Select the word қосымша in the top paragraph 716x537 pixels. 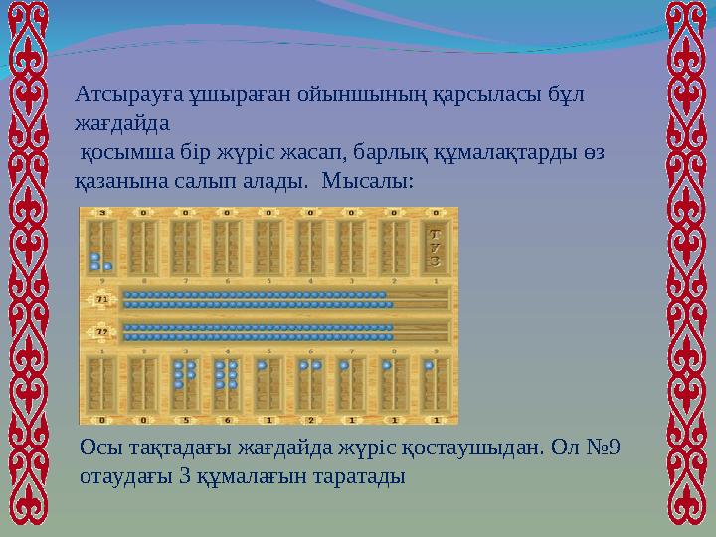pyautogui.click(x=119, y=154)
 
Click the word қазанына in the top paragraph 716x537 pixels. pyautogui.click(x=117, y=183)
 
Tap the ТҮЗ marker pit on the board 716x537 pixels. pyautogui.click(x=435, y=247)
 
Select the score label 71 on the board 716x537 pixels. pyautogui.click(x=100, y=298)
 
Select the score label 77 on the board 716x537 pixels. pyautogui.click(x=100, y=330)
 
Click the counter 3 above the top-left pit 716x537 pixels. pyautogui.click(x=101, y=212)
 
